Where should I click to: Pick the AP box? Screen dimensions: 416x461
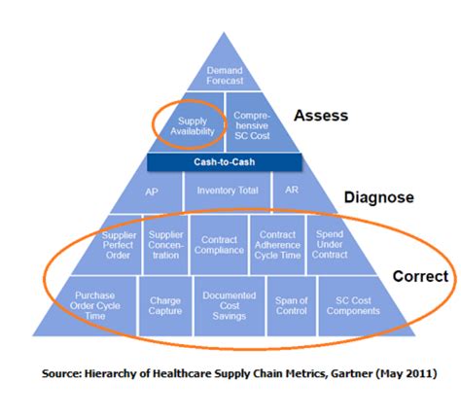[x=151, y=191]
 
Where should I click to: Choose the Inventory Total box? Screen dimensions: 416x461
[x=227, y=191]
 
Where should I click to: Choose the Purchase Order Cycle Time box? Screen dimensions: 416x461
[x=97, y=303]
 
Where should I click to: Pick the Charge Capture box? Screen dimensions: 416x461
[x=165, y=306]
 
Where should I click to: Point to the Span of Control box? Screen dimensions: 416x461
[x=292, y=305]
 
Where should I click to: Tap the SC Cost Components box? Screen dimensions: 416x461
[x=354, y=304]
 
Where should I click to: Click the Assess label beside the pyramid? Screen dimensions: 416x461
[x=321, y=116]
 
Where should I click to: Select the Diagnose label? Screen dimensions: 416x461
[x=378, y=197]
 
